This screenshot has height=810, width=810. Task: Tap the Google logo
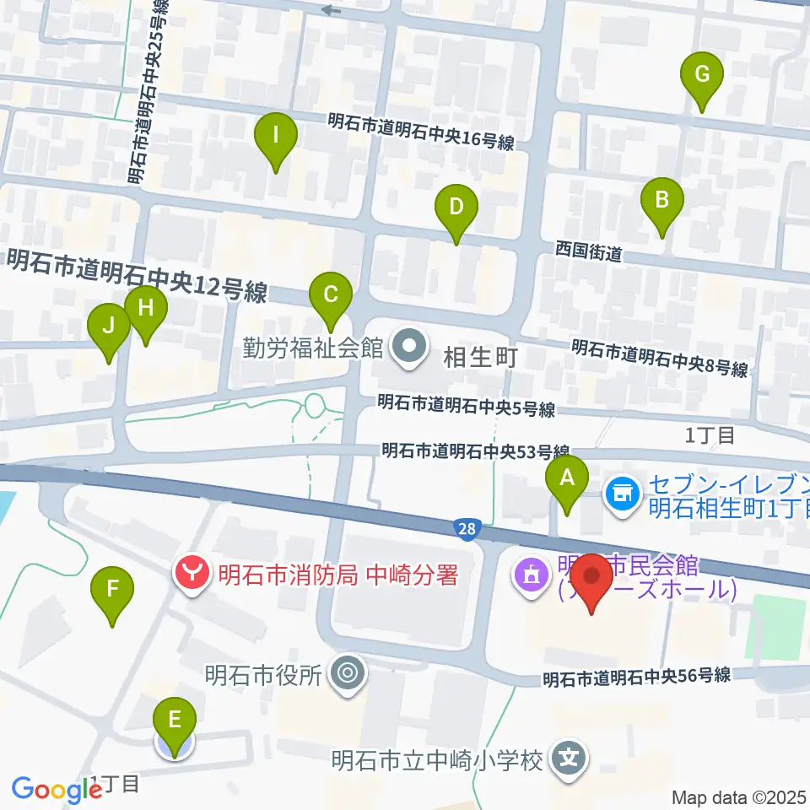click(57, 790)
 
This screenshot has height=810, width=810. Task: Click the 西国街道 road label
click(589, 251)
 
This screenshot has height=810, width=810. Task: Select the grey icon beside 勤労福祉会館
click(411, 346)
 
